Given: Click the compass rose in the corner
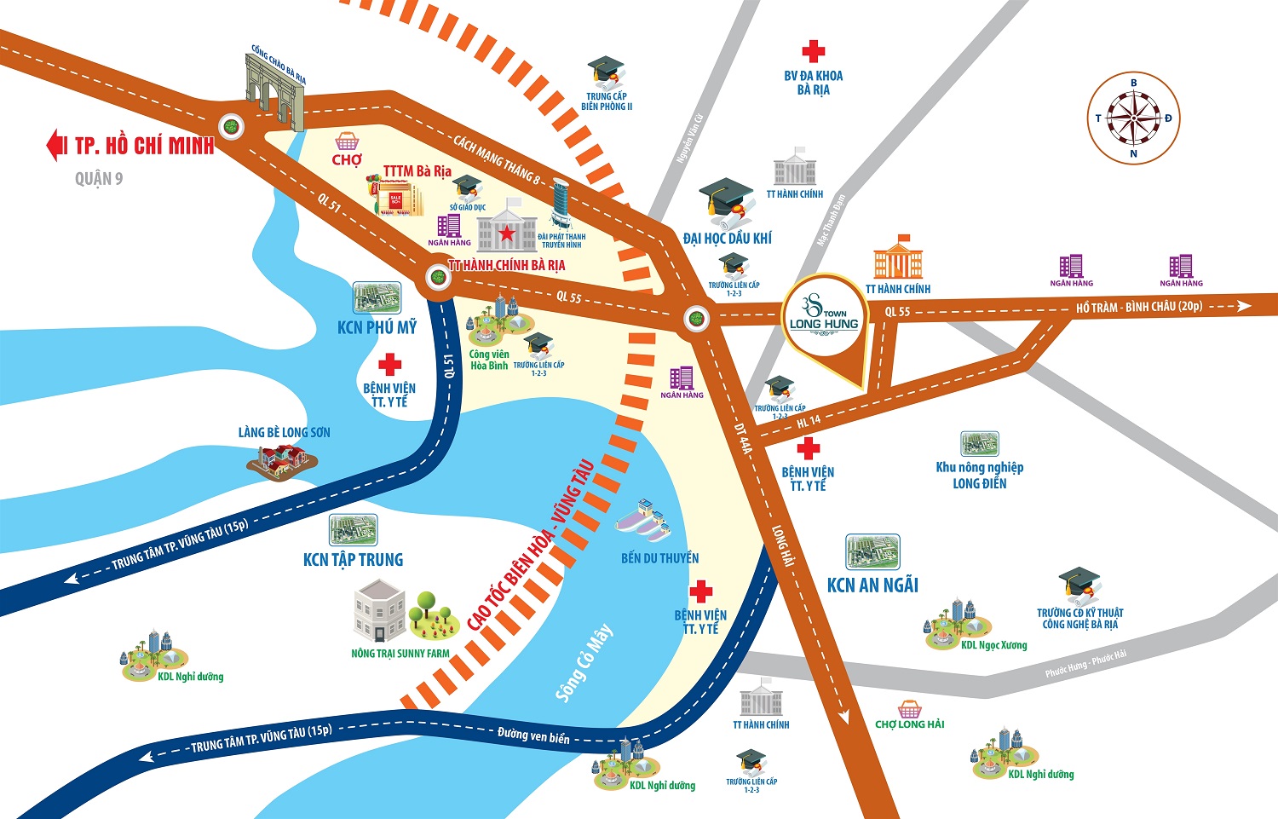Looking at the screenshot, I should [x=1133, y=118].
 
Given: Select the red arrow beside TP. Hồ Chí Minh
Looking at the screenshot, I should [x=56, y=145].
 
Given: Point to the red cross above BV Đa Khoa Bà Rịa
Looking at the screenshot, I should [x=814, y=50].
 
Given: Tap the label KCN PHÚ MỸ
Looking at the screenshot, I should [x=377, y=327].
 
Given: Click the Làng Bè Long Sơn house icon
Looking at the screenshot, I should [x=281, y=460].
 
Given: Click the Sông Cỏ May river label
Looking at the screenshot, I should [x=584, y=663].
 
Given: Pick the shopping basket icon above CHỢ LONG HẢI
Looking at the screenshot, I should [x=909, y=708].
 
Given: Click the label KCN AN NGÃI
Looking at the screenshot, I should [x=872, y=585].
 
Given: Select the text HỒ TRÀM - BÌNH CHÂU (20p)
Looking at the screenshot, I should [x=1138, y=307].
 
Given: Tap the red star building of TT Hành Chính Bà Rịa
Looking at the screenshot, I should [x=507, y=228].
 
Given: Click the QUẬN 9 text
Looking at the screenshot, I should [x=99, y=178].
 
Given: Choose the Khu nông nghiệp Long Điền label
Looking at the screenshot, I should [x=980, y=475].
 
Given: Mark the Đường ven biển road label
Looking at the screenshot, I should [x=533, y=735].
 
